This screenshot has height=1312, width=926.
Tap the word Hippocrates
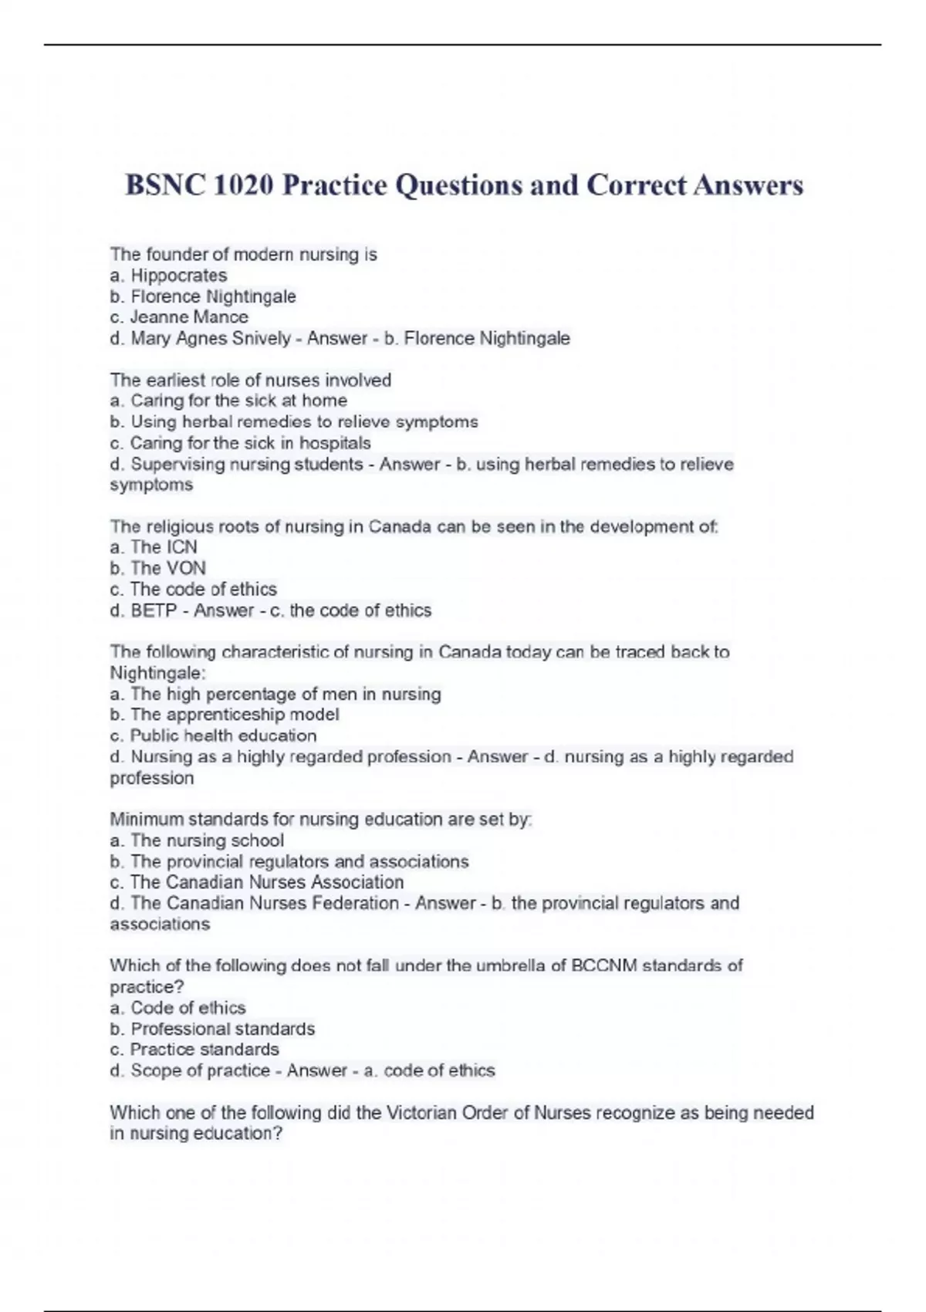[x=178, y=276]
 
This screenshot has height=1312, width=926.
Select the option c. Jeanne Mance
[x=179, y=317]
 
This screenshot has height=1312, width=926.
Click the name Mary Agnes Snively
[x=211, y=338]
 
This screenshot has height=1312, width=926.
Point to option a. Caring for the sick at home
[x=228, y=401]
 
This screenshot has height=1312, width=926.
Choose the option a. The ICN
[x=154, y=547]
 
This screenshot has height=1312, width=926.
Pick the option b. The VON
[x=157, y=568]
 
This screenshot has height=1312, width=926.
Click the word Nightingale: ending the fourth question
[x=157, y=673]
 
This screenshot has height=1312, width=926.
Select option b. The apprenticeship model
[x=225, y=715]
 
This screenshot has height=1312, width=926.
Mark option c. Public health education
[x=213, y=735]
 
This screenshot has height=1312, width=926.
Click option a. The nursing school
[x=197, y=840]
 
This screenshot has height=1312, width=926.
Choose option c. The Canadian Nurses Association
[x=257, y=882]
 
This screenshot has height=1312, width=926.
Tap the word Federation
[x=353, y=903]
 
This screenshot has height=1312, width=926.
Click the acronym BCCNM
[x=604, y=965]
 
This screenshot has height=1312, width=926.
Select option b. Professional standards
[x=212, y=1029]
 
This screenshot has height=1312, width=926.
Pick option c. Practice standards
[x=194, y=1050]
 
